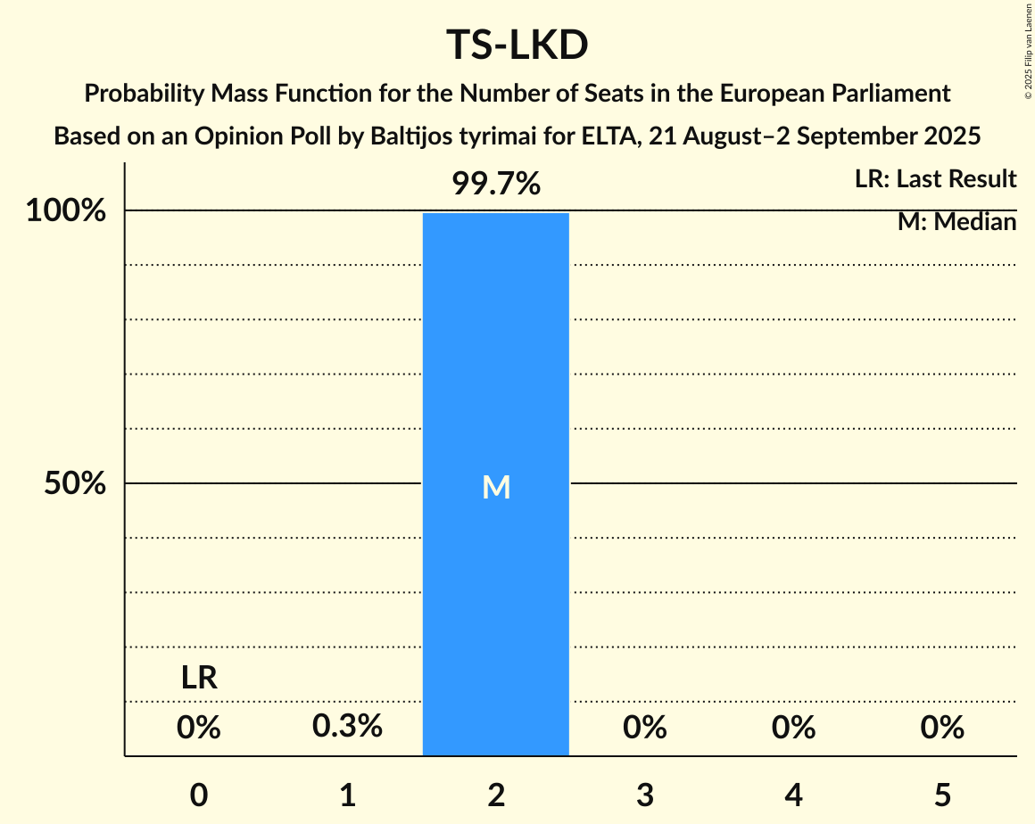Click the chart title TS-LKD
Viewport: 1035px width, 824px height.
point(517,46)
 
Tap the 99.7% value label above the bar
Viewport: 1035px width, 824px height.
point(495,184)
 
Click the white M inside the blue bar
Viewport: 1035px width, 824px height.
point(495,487)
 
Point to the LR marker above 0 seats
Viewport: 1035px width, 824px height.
point(199,679)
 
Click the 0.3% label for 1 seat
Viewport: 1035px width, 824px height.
point(347,727)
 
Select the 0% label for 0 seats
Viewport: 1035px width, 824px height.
point(199,728)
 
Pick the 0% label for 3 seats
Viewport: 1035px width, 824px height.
point(644,728)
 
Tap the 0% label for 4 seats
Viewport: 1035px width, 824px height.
point(793,728)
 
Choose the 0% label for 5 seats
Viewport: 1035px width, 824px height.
point(942,728)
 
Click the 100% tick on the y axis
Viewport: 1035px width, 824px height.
point(66,212)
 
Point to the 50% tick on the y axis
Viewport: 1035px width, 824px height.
point(75,484)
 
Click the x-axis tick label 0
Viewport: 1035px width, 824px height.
point(199,795)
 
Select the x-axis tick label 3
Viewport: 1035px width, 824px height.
point(644,795)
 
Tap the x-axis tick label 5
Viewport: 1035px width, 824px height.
point(942,795)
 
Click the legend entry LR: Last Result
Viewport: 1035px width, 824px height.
point(935,179)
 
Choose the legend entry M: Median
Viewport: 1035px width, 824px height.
point(956,222)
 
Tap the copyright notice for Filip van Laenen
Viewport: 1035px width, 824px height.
point(1027,50)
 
